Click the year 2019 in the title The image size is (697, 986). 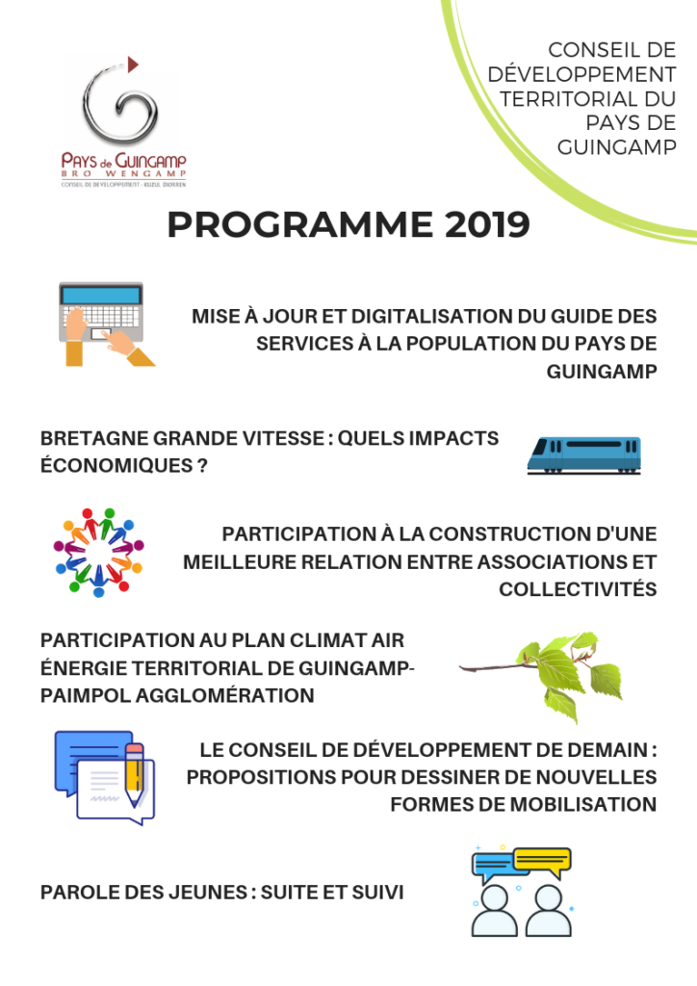(487, 225)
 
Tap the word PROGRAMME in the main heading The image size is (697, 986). (297, 225)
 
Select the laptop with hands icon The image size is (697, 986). (104, 324)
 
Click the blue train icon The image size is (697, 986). (583, 454)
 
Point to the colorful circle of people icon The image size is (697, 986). (98, 552)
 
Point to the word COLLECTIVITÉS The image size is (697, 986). (578, 589)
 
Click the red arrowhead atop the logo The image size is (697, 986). (132, 63)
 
